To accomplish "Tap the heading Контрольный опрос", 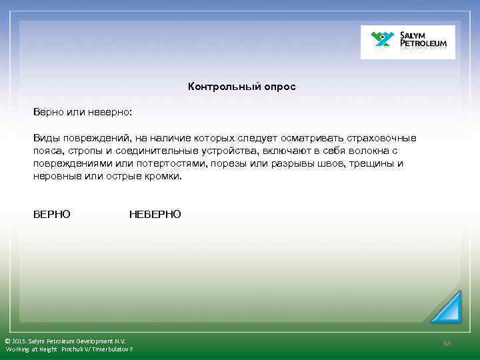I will pos(241,87).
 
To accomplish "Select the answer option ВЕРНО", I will pos(52,214).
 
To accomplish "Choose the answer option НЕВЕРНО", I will pos(155,214).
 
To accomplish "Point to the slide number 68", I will pos(447,343).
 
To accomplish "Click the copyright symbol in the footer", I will pos(7,341).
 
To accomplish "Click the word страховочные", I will pos(384,138).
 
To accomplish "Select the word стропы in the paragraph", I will pos(79,151).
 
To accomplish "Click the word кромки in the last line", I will pos(163,177).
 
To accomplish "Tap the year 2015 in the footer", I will pos(20,341).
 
